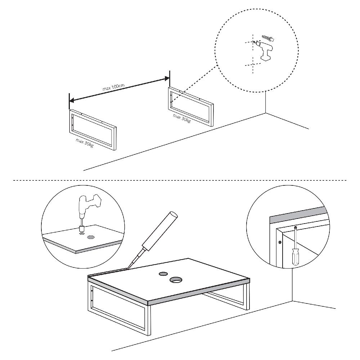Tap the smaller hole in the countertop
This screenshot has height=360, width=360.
tap(163, 274)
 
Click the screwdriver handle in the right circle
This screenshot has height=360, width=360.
tap(295, 256)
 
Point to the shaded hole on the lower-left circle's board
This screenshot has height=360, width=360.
tap(91, 237)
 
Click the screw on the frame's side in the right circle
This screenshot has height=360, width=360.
tap(280, 242)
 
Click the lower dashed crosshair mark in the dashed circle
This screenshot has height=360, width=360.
tap(252, 65)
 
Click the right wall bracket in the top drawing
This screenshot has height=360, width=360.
tap(191, 106)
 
